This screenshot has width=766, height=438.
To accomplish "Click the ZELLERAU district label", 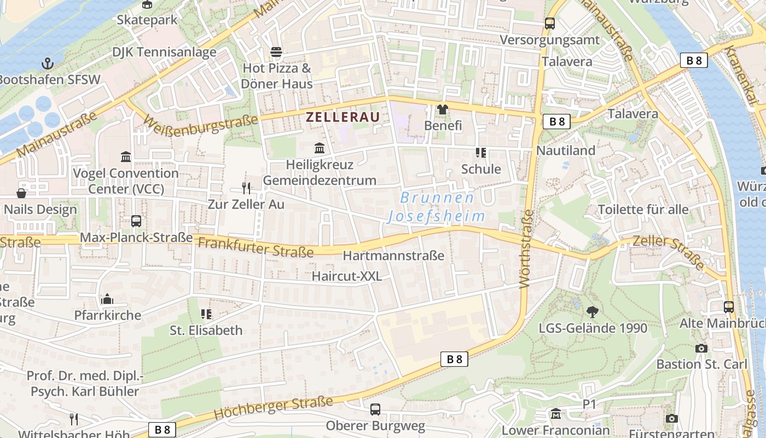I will tap(342, 117).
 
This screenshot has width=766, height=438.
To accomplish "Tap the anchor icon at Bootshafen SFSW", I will tap(48, 63).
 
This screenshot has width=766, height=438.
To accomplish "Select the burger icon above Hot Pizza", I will tap(276, 53).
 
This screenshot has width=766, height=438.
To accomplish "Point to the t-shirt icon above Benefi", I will tap(442, 109).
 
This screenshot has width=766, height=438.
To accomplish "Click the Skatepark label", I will tap(147, 20).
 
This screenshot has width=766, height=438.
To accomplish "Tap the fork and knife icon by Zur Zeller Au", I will tap(246, 188).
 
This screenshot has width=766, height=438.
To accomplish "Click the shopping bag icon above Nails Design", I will tap(21, 193).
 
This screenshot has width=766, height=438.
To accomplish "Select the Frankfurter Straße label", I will tap(256, 247).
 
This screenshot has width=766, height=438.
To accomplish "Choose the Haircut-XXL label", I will tap(347, 276).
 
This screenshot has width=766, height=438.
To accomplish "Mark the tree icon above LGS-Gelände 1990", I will tap(592, 312).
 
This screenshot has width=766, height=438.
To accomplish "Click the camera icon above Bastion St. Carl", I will tap(701, 348).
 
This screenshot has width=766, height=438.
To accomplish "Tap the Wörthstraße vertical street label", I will tap(526, 249).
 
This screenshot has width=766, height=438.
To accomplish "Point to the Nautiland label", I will tap(566, 150).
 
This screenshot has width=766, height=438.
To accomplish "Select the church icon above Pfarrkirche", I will tap(107, 299).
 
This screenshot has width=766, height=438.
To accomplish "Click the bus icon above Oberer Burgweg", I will tap(375, 409).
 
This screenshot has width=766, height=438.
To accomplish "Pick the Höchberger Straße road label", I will tap(273, 408).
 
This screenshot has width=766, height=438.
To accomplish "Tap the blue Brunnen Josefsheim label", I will tap(437, 207).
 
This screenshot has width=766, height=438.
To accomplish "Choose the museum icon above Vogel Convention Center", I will tap(126, 157).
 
